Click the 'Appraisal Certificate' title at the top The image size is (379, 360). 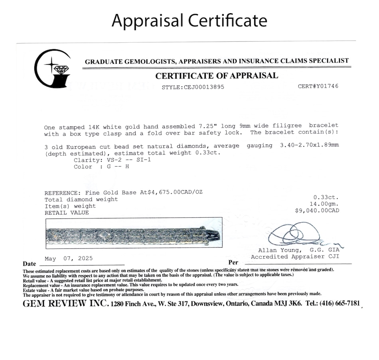click(x=189, y=21)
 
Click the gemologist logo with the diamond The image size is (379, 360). click(x=52, y=69)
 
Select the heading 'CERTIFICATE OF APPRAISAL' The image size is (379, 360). click(x=217, y=76)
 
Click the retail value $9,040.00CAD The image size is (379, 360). click(x=317, y=210)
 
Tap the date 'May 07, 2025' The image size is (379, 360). click(x=69, y=258)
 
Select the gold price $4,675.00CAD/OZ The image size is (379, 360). click(x=176, y=192)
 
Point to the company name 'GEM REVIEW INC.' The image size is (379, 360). click(x=65, y=303)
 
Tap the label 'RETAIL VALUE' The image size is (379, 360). click(x=67, y=213)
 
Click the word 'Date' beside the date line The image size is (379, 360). click(x=30, y=264)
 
